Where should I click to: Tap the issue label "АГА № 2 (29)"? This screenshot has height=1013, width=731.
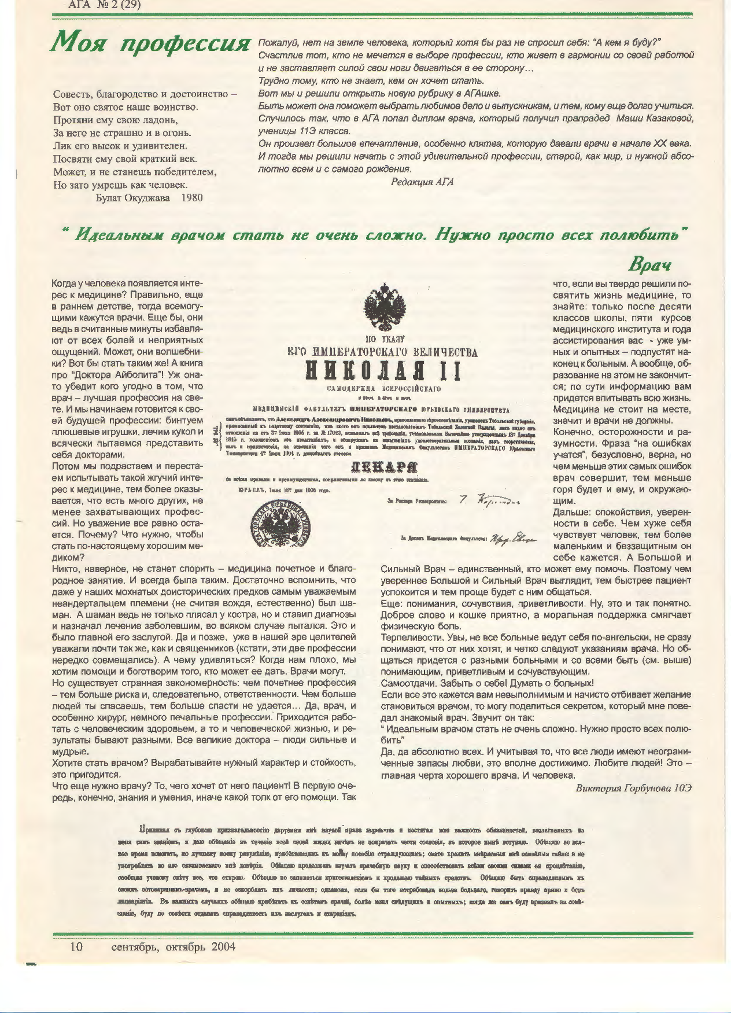click(x=105, y=5)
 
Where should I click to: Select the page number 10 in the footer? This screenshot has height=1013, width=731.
click(x=76, y=947)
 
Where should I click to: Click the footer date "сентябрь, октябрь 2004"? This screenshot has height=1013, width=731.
click(x=173, y=947)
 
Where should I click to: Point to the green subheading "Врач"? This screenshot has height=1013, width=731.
click(x=649, y=265)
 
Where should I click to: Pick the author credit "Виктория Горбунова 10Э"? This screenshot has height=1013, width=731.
click(x=634, y=789)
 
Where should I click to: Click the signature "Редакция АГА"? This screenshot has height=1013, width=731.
click(x=422, y=182)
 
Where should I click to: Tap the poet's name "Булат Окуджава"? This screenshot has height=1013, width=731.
click(x=133, y=198)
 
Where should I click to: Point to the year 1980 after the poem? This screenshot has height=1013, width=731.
click(x=192, y=198)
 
